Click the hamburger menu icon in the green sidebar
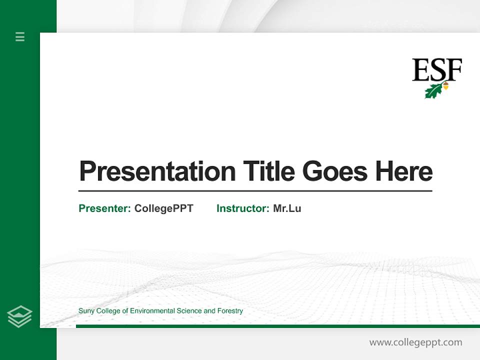(20, 36)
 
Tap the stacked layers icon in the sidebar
(19, 316)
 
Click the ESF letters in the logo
(436, 70)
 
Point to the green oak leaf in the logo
(433, 91)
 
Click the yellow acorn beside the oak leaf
(445, 86)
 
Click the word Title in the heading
(269, 171)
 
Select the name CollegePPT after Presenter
(163, 208)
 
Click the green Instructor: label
(242, 208)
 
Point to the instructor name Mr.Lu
(287, 208)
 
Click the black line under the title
(255, 190)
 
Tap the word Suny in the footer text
(86, 311)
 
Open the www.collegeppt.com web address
(415, 342)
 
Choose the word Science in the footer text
(189, 311)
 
